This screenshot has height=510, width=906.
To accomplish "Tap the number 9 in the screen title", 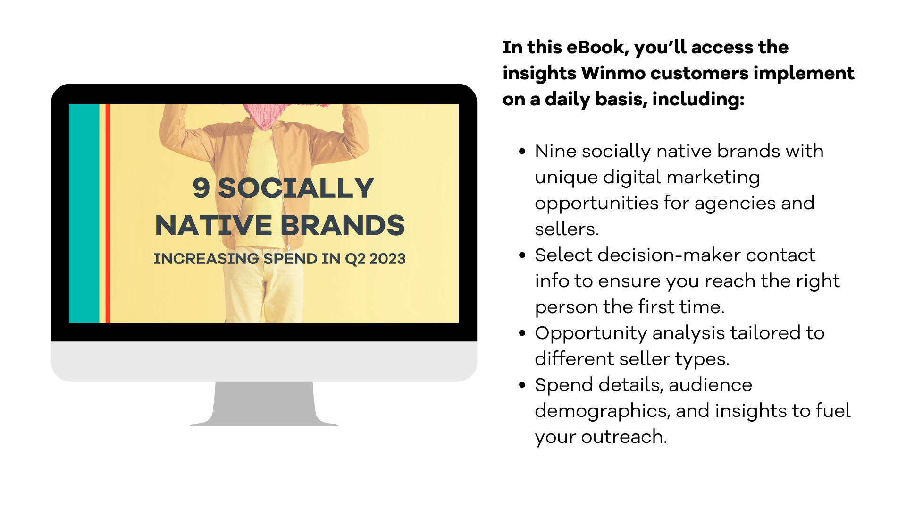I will click(201, 188).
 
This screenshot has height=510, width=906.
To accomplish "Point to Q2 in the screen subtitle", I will click(355, 259).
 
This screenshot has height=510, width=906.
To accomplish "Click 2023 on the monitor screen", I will click(387, 259).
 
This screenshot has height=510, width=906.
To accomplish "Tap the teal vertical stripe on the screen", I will click(84, 213).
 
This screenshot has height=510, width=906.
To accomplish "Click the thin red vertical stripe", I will click(108, 213).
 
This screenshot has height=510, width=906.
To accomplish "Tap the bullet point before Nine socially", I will click(522, 152).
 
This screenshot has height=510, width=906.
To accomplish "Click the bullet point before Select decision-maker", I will click(522, 255).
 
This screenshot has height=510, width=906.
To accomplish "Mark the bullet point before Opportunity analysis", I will click(522, 333).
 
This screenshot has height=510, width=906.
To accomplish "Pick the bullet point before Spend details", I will click(522, 385).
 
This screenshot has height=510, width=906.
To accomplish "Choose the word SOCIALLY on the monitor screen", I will click(296, 188).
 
